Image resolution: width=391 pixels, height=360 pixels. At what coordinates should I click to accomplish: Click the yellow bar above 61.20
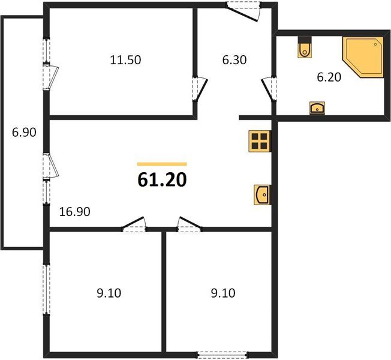point(162,164)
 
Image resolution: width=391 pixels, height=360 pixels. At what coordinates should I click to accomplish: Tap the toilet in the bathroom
point(305,49)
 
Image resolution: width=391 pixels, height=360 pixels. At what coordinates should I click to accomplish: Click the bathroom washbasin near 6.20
point(317,108)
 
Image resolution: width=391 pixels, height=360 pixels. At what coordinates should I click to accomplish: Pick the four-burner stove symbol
point(260,142)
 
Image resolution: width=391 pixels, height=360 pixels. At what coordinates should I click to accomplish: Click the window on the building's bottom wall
point(219,355)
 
